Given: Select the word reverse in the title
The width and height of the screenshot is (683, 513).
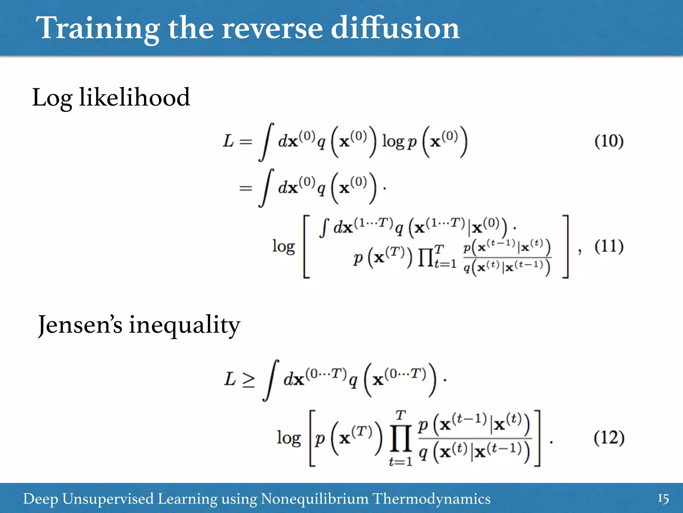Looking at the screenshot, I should coord(272,29).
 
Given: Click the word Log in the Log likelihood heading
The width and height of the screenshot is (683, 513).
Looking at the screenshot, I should coord(52,98).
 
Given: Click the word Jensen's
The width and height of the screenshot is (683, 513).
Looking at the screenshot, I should coord(80,325).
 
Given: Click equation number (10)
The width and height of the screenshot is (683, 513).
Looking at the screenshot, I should coord(609,141).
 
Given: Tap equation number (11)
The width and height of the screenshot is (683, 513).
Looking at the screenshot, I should coord(609,246).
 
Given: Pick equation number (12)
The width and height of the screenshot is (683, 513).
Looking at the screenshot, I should coord(609,438).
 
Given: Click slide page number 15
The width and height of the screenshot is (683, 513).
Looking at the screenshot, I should coord(663,499).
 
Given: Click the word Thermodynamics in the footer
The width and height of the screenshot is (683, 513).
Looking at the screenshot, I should coord(431,499).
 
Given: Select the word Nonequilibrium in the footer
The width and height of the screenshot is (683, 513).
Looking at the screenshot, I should coord(314,499).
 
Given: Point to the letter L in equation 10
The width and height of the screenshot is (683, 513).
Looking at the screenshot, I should coord(228,141).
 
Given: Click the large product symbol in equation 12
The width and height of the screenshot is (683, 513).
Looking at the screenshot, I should coord(400,439).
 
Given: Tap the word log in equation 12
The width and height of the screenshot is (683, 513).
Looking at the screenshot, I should coord(288,438).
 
